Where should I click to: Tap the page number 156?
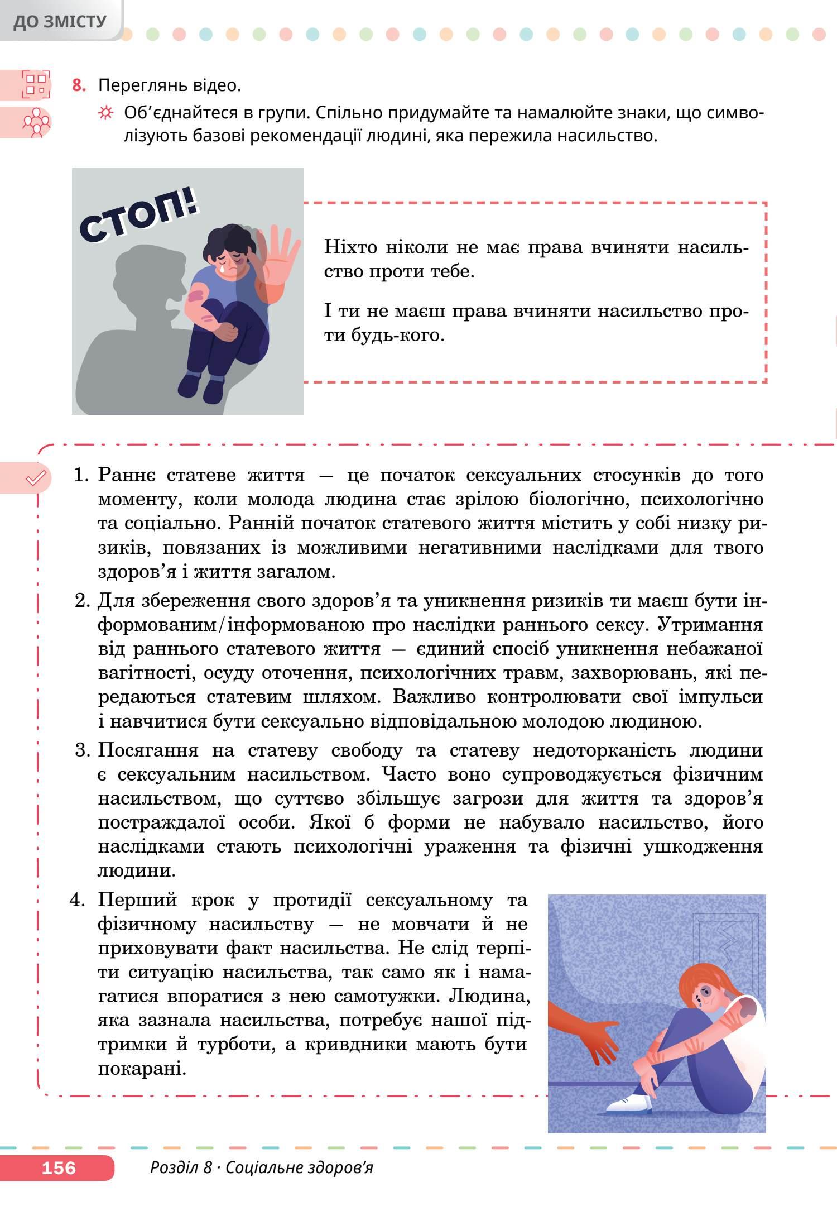[x=59, y=1167]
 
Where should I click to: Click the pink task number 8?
[x=79, y=86]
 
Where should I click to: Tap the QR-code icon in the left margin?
[x=36, y=84]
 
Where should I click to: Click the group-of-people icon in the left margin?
[x=36, y=122]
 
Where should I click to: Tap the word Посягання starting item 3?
[x=148, y=750]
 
